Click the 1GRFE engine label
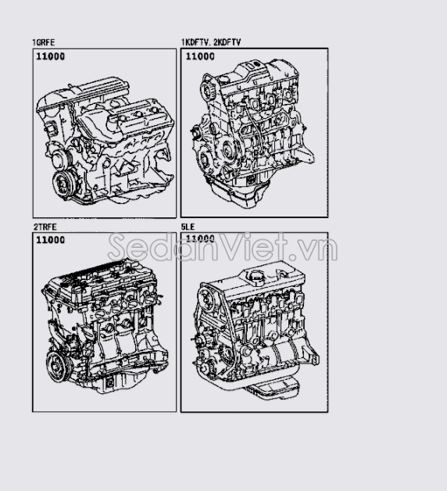point(44,42)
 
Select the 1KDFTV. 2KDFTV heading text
point(211,42)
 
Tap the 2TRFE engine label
point(45,227)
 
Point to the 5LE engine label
point(188,227)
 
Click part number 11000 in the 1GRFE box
point(50,56)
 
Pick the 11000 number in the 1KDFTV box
point(200,56)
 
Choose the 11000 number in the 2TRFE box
point(50,240)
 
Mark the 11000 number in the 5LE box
point(200,238)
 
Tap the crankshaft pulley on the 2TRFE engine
point(58,366)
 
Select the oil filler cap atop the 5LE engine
point(256,277)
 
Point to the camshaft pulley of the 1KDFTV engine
point(207,91)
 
